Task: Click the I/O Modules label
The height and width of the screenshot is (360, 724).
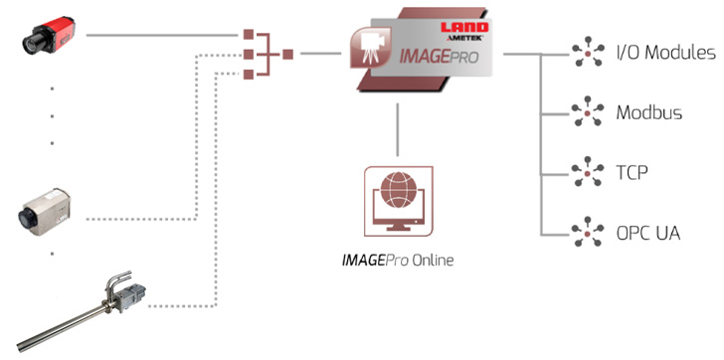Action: pyautogui.click(x=665, y=52)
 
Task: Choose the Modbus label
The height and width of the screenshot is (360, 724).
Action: pyautogui.click(x=649, y=111)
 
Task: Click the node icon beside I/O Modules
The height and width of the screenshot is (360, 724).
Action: pyautogui.click(x=588, y=53)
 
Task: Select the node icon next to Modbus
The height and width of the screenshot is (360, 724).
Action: pyautogui.click(x=588, y=111)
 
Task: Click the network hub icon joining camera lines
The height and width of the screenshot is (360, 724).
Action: pyautogui.click(x=264, y=54)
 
